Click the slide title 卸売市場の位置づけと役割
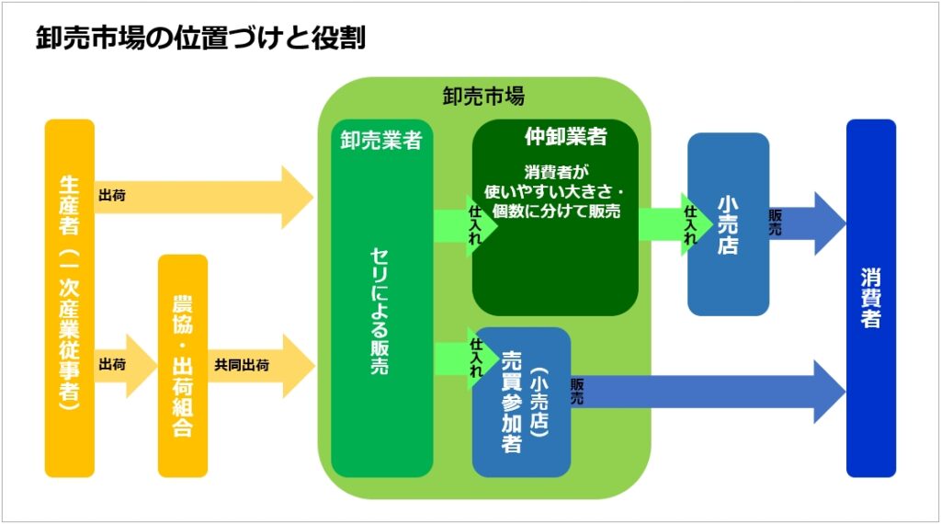tap(200, 39)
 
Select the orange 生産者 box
tap(69, 299)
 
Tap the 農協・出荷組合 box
tap(183, 366)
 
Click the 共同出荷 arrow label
tap(242, 365)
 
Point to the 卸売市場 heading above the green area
tap(483, 96)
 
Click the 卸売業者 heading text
tap(380, 141)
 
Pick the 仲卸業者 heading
tap(565, 137)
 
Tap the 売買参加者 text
tap(511, 401)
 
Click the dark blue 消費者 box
tap(870, 299)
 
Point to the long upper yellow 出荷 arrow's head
tap(297, 197)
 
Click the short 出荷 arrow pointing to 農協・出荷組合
tap(123, 365)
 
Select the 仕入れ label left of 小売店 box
tap(690, 224)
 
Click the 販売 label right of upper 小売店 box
tap(776, 223)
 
